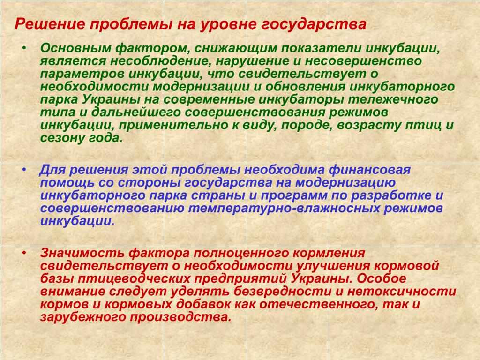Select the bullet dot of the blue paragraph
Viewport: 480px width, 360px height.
click(x=24, y=169)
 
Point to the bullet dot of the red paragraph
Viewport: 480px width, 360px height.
click(x=24, y=253)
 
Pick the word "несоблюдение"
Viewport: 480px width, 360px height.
click(x=161, y=61)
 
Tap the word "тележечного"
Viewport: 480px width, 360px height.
click(x=393, y=99)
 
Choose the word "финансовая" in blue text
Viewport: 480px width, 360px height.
click(x=370, y=170)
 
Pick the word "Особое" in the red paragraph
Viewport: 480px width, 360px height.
click(x=381, y=278)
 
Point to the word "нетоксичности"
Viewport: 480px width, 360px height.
click(x=402, y=292)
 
